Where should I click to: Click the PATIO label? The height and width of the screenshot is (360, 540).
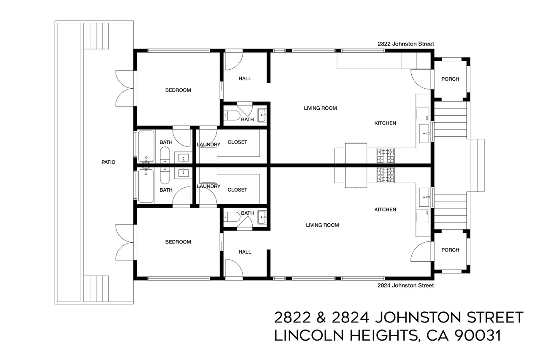pos(108,162)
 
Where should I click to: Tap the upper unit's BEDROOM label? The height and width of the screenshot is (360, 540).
pos(178,90)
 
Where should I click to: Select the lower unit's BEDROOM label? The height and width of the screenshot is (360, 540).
pos(178,242)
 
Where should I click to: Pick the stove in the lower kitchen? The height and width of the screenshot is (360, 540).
pos(385,175)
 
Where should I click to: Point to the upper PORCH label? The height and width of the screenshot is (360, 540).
pos(450,79)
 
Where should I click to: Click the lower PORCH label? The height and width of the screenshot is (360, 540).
pos(450,250)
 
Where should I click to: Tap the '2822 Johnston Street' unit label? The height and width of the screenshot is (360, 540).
pos(405,44)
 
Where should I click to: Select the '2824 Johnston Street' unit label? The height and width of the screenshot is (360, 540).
pos(405,286)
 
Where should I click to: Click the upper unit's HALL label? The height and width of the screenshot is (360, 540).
pos(245,78)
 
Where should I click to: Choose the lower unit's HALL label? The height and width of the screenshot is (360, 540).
pos(245,252)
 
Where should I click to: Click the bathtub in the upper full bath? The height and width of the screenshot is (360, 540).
pos(146,146)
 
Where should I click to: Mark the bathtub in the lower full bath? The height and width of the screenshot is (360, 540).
pos(146,186)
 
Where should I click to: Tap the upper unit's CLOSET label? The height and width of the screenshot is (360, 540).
pos(237,142)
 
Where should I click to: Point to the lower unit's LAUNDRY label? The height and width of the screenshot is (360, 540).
pos(208,186)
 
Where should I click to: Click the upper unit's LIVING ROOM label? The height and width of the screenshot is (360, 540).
pos(320,108)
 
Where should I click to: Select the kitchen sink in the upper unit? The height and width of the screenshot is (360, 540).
pos(424,133)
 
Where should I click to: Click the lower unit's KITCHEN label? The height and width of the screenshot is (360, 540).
pos(385,209)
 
